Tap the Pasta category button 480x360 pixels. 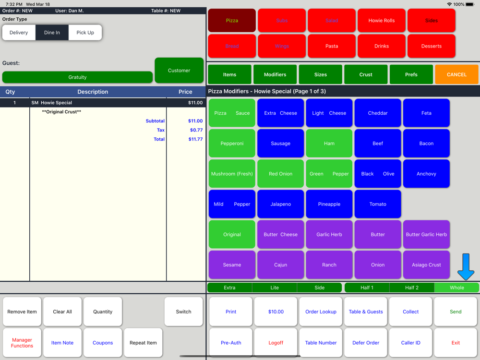(x=332, y=46)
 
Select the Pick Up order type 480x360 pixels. (x=85, y=33)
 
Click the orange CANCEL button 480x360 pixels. (x=456, y=74)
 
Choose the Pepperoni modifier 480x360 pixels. (x=232, y=143)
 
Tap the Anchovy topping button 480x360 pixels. (x=426, y=174)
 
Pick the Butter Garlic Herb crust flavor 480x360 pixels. (x=426, y=234)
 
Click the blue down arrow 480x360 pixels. (x=466, y=267)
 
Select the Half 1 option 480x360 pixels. (x=367, y=288)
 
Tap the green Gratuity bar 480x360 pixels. (x=77, y=77)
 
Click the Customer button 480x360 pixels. (x=179, y=71)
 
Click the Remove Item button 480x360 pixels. (x=22, y=312)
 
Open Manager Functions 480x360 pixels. (x=22, y=343)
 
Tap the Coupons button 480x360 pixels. (x=103, y=343)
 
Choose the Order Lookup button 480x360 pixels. (x=321, y=312)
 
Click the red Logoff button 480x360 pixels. (x=276, y=343)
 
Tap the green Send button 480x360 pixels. (x=456, y=312)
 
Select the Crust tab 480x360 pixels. (x=366, y=74)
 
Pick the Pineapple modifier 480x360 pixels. (x=329, y=204)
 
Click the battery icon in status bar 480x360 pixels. (x=470, y=4)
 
